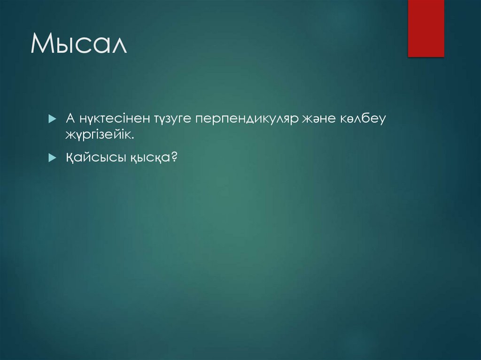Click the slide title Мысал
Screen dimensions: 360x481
click(x=79, y=45)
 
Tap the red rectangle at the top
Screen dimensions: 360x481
click(x=426, y=28)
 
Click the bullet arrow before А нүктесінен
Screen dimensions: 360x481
click(x=52, y=120)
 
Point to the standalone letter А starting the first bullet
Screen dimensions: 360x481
click(x=69, y=120)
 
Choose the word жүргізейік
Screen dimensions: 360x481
click(x=99, y=136)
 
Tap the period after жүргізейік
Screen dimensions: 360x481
click(x=133, y=138)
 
